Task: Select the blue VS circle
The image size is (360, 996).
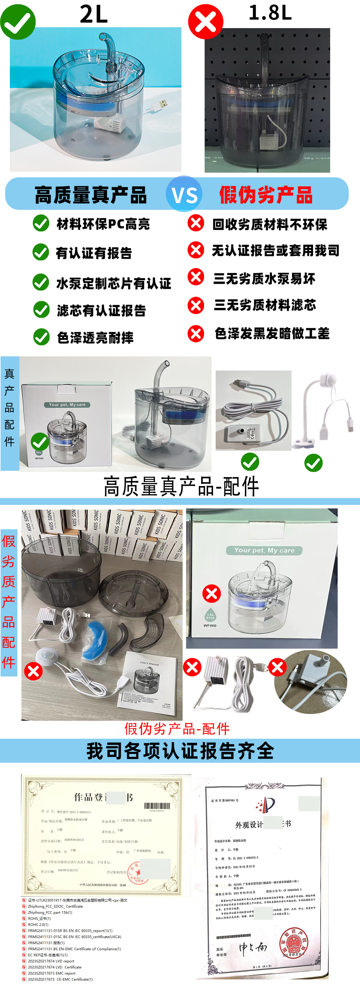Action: [x=184, y=194]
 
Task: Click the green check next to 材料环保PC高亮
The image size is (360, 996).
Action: [x=41, y=223]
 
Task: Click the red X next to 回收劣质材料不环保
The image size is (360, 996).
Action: [x=196, y=223]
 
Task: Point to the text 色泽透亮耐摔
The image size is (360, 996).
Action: [x=95, y=338]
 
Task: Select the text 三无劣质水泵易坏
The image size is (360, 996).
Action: [x=264, y=278]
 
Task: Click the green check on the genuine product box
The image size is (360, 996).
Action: [x=39, y=441]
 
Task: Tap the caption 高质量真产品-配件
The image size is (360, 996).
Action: [x=181, y=486]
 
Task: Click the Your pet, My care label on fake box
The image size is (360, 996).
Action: [x=264, y=550]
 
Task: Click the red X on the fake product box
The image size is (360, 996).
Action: [x=212, y=594]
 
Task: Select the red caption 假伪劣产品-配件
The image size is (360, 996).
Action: [x=177, y=729]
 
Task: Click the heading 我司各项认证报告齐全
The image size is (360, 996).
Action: [x=180, y=751]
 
